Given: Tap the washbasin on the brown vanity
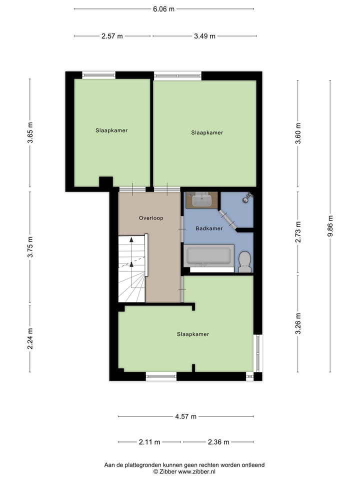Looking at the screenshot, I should pos(202,200).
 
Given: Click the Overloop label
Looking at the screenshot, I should pos(151,218).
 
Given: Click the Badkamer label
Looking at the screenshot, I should pos(209,228).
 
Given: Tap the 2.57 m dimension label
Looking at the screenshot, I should pos(112,36).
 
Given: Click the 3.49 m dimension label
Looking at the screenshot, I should pos(204,36).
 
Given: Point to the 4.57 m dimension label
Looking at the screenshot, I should pos(185,416).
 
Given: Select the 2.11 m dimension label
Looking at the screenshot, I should pos(149,442).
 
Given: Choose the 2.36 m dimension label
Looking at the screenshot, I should pos(218,442).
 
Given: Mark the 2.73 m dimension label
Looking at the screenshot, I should pos(298,232).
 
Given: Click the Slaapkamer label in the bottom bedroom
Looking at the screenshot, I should pos(192,334).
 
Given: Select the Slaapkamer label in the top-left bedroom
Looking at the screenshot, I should pos(111,130).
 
